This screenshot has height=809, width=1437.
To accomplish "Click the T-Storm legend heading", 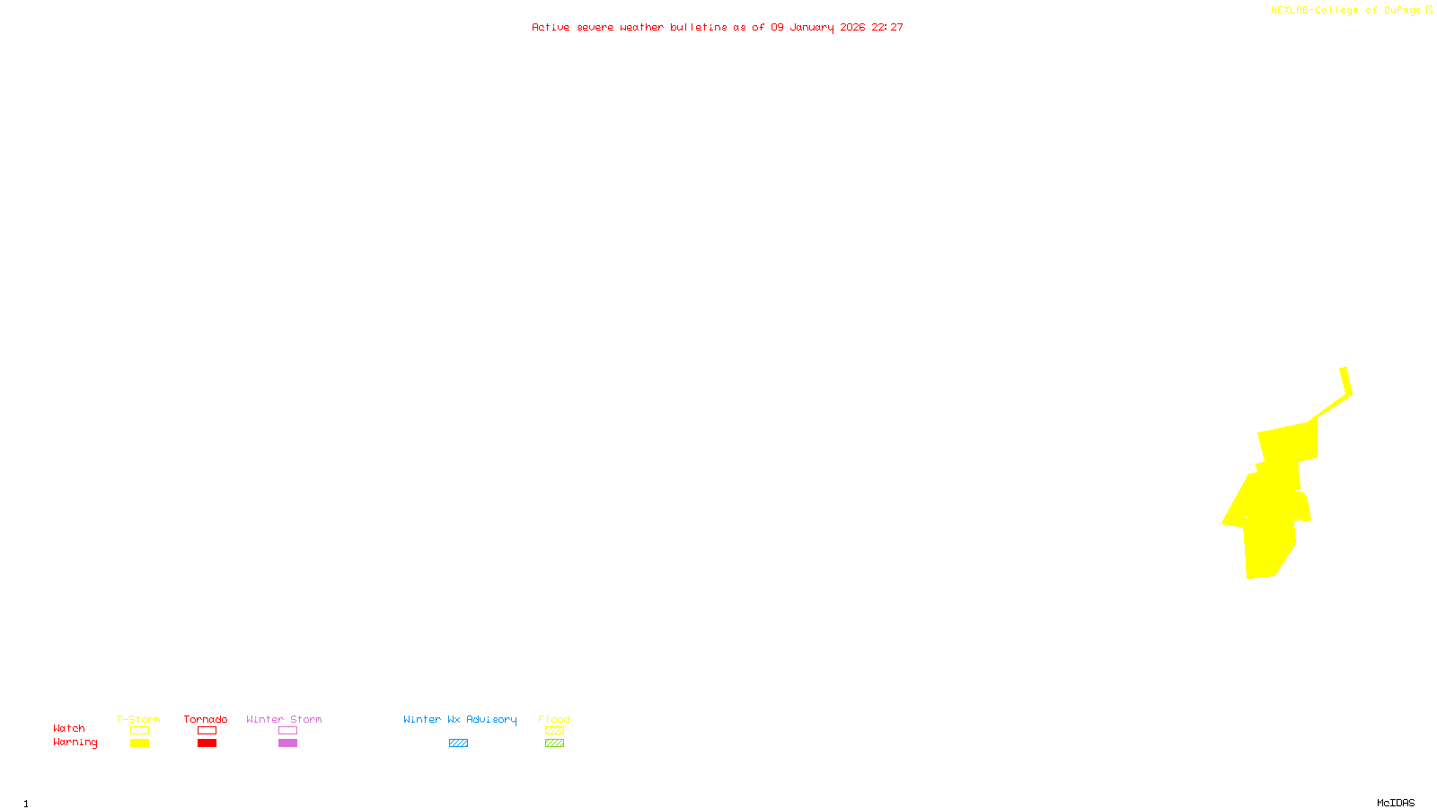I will coord(138,719).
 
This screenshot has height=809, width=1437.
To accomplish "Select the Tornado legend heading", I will coord(206,719).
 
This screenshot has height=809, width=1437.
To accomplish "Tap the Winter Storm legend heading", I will coord(284,719).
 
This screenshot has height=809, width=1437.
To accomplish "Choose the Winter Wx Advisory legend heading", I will coord(460,719).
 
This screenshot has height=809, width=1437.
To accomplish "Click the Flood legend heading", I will coord(554,719).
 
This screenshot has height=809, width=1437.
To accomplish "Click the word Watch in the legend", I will coord(69,728).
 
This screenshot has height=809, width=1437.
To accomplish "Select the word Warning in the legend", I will coord(75,742).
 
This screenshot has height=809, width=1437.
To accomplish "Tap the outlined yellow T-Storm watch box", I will coord(139,731).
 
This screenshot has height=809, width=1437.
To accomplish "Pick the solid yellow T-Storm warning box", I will coord(139,743).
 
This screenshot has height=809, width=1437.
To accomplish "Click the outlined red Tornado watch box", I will coord(207,731).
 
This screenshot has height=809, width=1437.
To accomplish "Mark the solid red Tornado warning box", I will coord(207,743).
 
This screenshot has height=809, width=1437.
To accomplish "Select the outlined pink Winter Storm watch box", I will coord(287,731).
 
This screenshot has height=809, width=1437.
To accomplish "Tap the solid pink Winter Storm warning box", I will coord(287,743).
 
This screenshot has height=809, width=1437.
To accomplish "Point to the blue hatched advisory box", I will coord(458,743).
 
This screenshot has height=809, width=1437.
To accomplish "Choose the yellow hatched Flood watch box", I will coord(554,731).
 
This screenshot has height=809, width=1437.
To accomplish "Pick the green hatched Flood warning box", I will coord(554,743).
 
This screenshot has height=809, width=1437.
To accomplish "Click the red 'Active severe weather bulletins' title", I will coord(717,28).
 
